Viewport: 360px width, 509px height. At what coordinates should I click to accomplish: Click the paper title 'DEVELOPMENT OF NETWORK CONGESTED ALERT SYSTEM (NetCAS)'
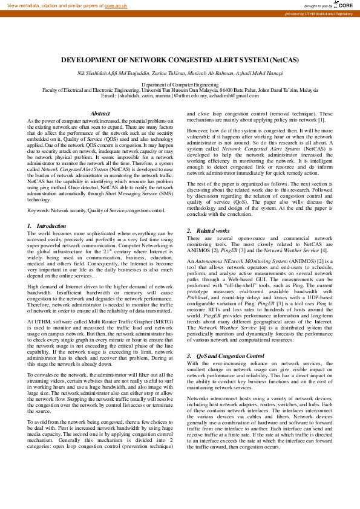point(180,60)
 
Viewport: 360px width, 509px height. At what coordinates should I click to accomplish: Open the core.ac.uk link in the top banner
point(116,5)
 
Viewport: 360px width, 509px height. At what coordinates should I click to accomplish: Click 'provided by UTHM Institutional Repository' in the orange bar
point(318,13)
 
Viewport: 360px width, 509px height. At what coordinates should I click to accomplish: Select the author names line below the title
point(180,73)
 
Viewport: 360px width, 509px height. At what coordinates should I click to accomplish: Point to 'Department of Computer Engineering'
point(180,85)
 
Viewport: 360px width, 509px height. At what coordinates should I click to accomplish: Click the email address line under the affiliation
point(180,96)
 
